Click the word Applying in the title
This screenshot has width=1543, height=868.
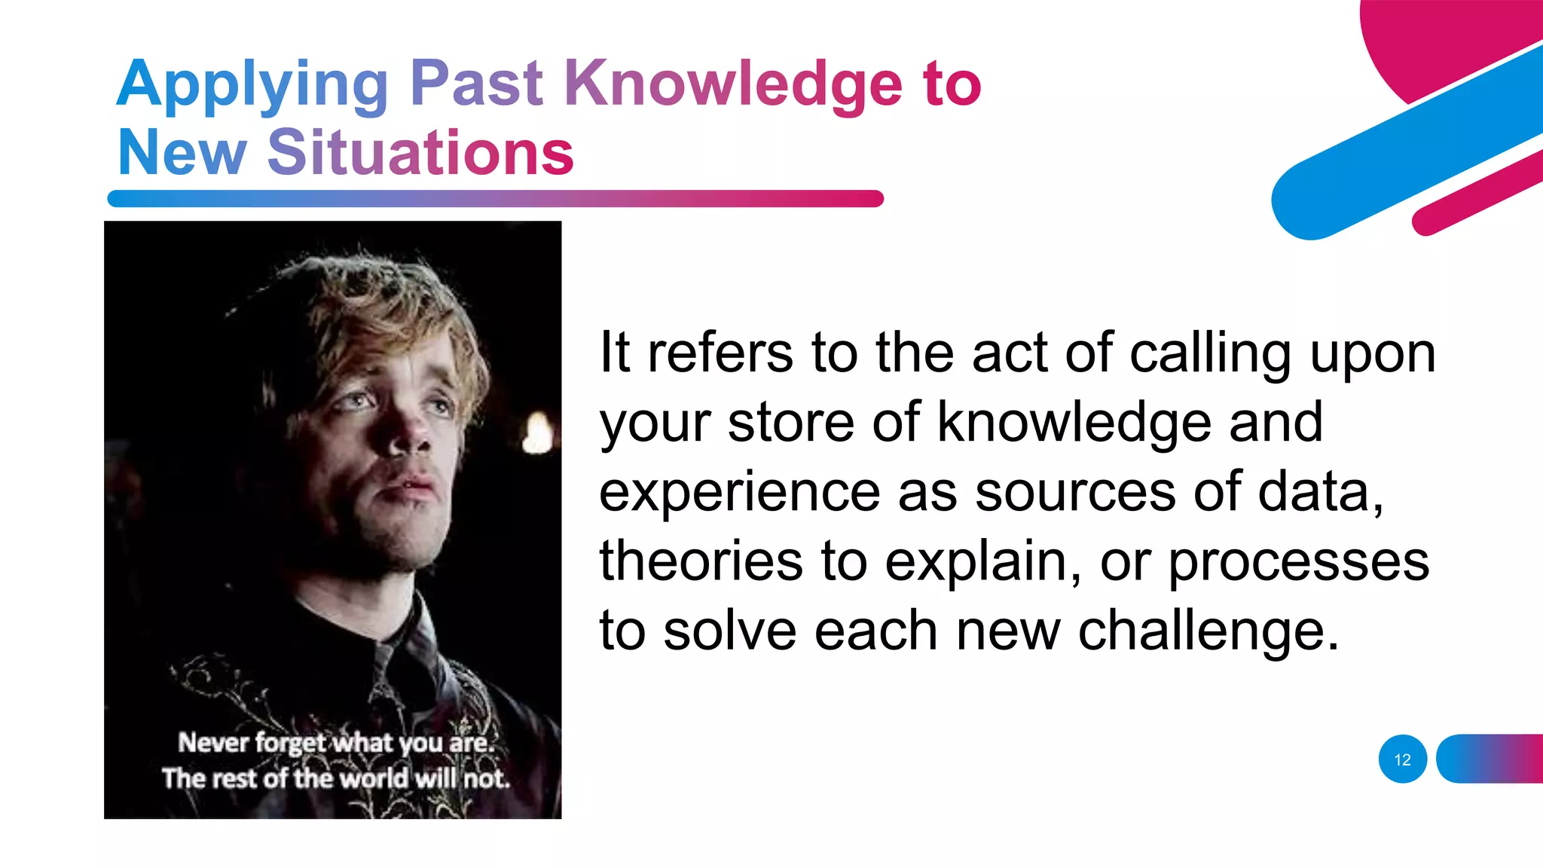pyautogui.click(x=252, y=84)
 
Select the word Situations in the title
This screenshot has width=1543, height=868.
pyautogui.click(x=420, y=152)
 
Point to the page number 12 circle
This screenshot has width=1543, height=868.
pyautogui.click(x=1402, y=759)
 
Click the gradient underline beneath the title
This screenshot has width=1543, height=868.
pyautogui.click(x=495, y=199)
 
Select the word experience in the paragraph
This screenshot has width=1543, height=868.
pyautogui.click(x=739, y=492)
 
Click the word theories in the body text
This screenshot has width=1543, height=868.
pyautogui.click(x=701, y=561)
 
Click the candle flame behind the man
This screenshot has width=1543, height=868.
pyautogui.click(x=537, y=435)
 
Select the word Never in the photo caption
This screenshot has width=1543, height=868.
pyautogui.click(x=213, y=743)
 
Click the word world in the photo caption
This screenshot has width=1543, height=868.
pyautogui.click(x=370, y=778)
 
